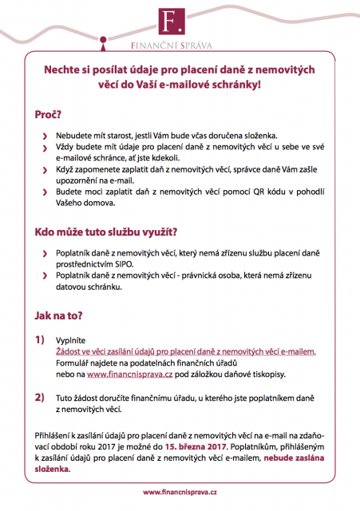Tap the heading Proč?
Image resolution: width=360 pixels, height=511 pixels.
coord(47,115)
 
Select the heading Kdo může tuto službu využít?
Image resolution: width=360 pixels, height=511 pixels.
coord(105,233)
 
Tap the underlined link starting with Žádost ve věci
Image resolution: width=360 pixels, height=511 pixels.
coord(186,351)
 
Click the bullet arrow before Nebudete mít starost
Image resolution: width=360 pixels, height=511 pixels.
coord(45,137)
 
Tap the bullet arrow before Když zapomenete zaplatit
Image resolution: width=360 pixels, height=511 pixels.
coord(45,171)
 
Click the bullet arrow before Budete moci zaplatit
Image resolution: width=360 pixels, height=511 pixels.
coord(45,194)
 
